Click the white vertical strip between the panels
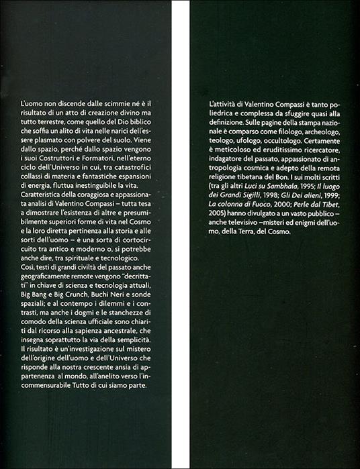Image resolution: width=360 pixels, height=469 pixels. (181, 235)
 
